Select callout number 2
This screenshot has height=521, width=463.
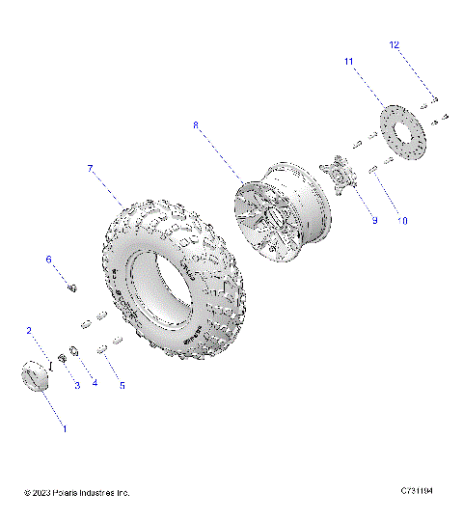30,331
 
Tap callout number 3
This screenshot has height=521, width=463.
77,385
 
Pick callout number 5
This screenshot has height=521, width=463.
122,385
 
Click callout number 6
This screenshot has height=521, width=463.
48,260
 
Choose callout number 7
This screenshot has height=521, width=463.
90,169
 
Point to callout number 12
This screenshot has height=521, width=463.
394,44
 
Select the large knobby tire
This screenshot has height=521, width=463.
169,280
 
